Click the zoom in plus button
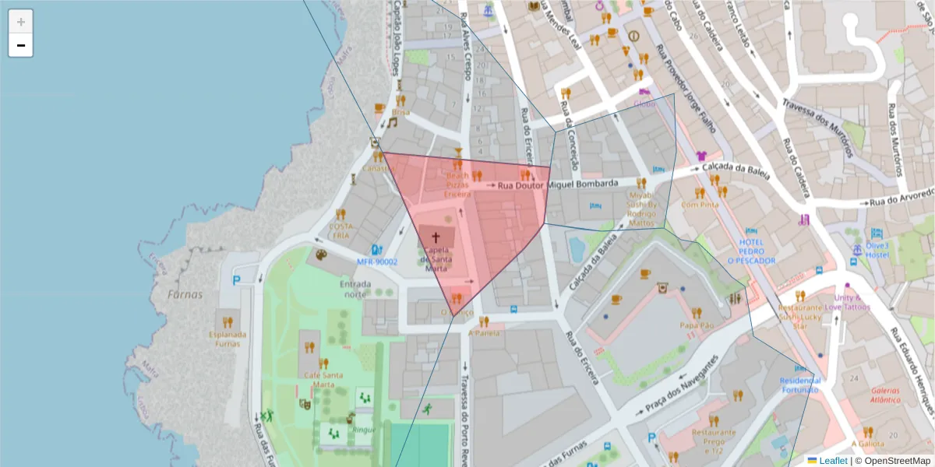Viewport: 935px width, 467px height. point(21,21)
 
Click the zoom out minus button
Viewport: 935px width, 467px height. point(21,45)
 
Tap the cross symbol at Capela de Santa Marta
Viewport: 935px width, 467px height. point(436,236)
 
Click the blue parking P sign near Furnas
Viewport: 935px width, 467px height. point(236,279)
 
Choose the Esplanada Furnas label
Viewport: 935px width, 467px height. point(227,339)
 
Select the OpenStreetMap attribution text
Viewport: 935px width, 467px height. point(891,460)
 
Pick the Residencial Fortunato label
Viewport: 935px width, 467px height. point(800,384)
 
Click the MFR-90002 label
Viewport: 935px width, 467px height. point(377,262)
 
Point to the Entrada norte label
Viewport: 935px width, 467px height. point(355,289)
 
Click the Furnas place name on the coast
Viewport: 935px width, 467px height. point(185,294)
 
